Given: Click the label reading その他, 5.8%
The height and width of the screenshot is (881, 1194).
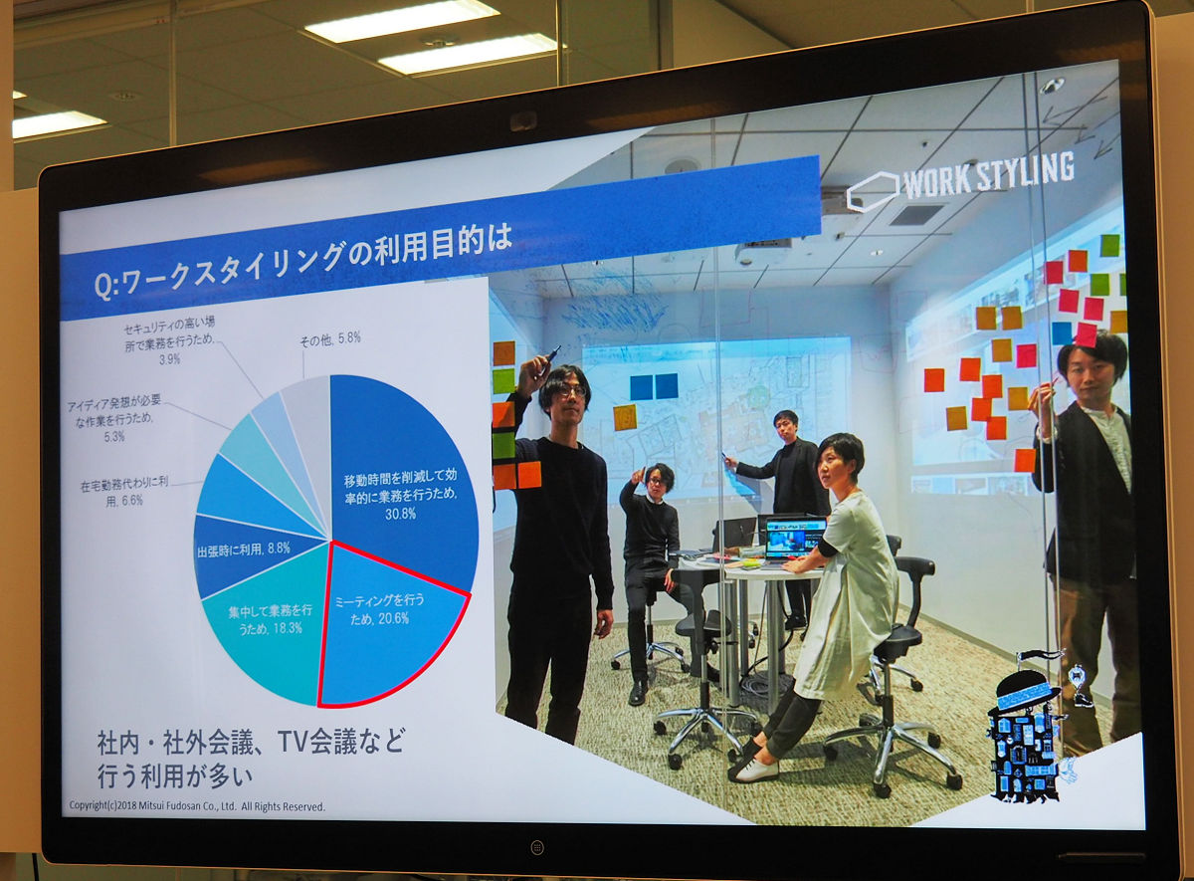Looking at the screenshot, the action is point(330,338).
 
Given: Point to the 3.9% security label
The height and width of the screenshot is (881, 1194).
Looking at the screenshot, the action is point(169,340).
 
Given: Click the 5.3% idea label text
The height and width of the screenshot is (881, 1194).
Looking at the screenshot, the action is point(113,421).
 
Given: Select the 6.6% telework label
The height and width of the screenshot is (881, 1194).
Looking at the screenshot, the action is point(124,492).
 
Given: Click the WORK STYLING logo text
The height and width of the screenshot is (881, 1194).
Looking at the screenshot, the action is point(989,175).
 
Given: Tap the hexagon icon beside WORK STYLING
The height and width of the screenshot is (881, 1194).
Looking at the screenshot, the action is point(873,191).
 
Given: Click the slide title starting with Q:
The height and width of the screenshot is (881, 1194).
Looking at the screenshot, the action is point(302,260).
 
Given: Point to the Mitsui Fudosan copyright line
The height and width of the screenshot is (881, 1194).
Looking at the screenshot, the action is point(197,805).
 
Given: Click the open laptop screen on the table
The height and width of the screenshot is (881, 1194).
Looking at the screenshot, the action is point(795,538).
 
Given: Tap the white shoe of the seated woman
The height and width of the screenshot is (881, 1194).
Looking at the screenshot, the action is point(757,771).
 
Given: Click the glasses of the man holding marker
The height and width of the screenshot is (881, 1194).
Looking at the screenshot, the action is point(570,391).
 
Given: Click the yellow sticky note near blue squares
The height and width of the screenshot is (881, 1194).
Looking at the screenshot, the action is point(625,417).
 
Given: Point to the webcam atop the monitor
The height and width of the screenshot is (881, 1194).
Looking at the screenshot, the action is point(523,120).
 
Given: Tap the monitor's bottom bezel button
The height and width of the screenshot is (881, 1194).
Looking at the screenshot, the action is point(537,847).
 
